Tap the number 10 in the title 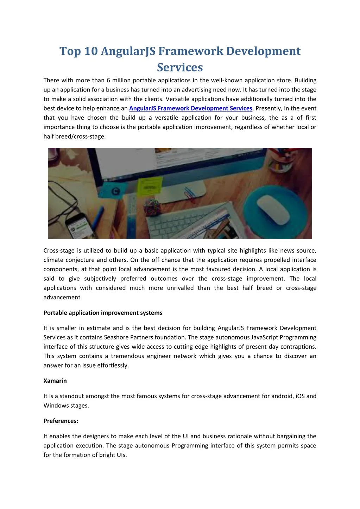pyautogui.click(x=91, y=51)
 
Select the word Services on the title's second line pyautogui.click(x=180, y=67)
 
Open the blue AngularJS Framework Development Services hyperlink pyautogui.click(x=190, y=108)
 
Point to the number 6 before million pyautogui.click(x=109, y=80)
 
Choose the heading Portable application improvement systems pyautogui.click(x=103, y=313)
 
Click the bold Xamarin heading pyautogui.click(x=55, y=381)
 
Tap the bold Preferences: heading pyautogui.click(x=61, y=421)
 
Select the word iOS pyautogui.click(x=300, y=396)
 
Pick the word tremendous pyautogui.click(x=127, y=356)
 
